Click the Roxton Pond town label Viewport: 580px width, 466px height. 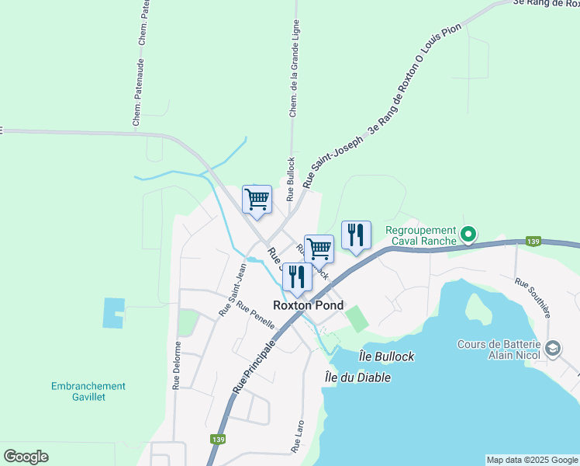pyautogui.click(x=308, y=306)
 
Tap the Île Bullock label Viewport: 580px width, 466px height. pyautogui.click(x=387, y=356)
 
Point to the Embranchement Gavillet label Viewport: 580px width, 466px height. pyautogui.click(x=88, y=391)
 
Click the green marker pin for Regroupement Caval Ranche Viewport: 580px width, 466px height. pyautogui.click(x=468, y=233)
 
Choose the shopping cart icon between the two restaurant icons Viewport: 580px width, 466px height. pyautogui.click(x=319, y=249)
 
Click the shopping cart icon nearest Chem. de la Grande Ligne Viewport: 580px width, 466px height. pyautogui.click(x=257, y=199)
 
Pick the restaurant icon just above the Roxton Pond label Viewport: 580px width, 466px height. pyautogui.click(x=297, y=276)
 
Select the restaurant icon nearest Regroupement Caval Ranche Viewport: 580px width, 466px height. pyautogui.click(x=356, y=235)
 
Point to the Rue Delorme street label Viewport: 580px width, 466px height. pyautogui.click(x=177, y=365)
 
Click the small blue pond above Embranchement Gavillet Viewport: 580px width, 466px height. pyautogui.click(x=113, y=313)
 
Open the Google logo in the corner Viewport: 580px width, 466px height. pyautogui.click(x=26, y=457)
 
